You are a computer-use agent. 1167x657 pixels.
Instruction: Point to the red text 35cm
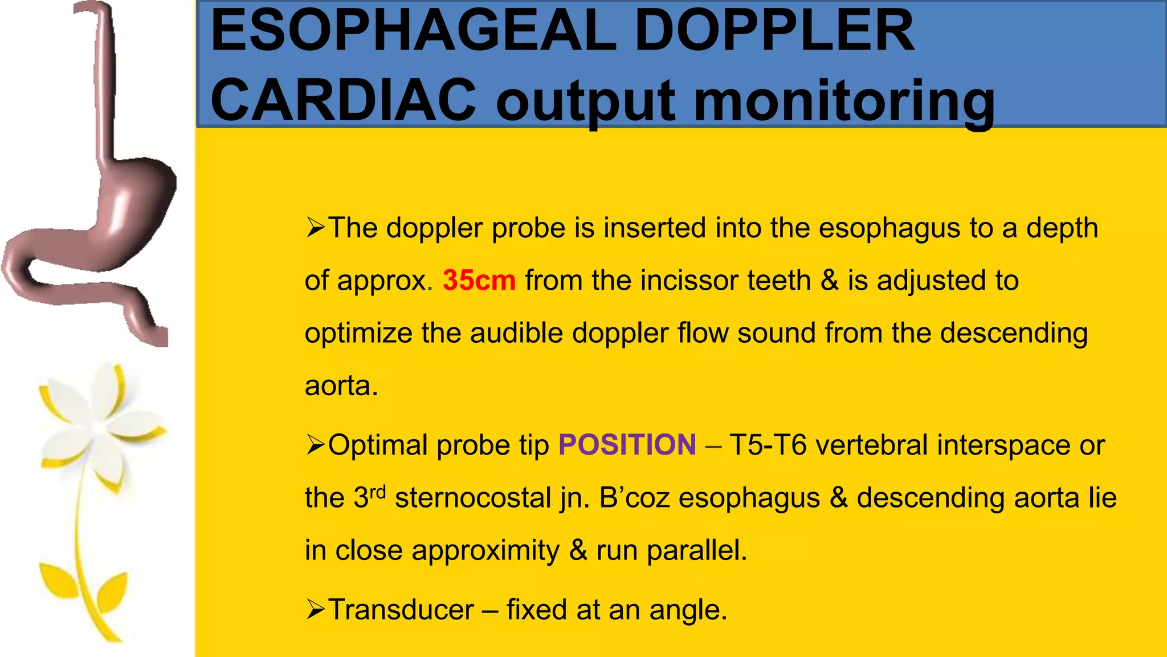pyautogui.click(x=479, y=281)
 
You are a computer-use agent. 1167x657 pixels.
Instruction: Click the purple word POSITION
pyautogui.click(x=627, y=445)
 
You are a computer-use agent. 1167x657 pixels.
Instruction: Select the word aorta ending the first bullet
pyautogui.click(x=341, y=386)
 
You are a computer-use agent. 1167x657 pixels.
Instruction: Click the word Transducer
pyautogui.click(x=401, y=610)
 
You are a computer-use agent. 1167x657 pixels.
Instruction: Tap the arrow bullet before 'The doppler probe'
pyautogui.click(x=315, y=228)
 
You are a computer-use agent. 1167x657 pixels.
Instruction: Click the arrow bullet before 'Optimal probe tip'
pyautogui.click(x=315, y=445)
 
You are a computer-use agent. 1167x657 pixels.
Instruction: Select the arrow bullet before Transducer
pyautogui.click(x=315, y=610)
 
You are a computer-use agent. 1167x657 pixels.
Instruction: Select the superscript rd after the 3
pyautogui.click(x=378, y=492)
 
